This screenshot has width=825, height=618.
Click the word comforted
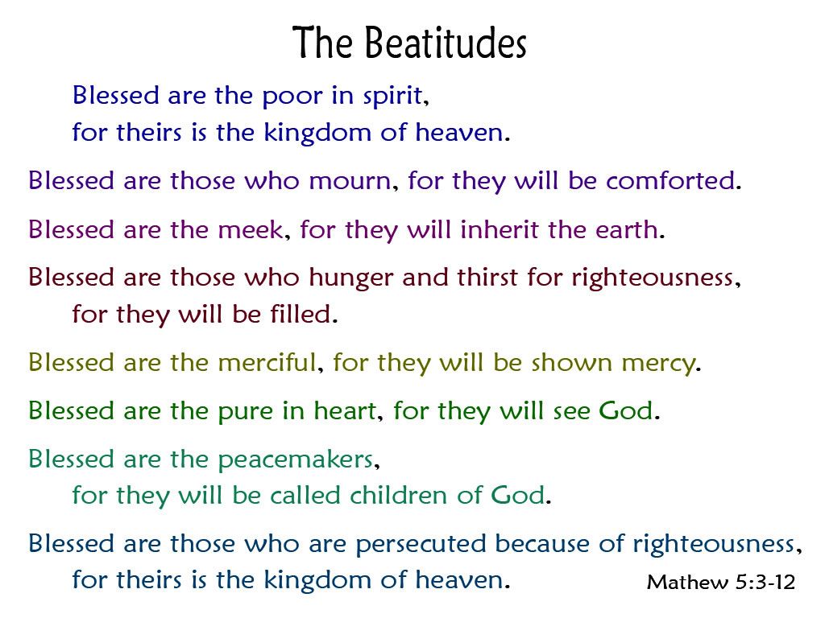click(670, 181)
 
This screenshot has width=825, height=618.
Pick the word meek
click(251, 229)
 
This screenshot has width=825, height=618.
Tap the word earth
click(627, 229)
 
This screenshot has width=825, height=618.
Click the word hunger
click(351, 278)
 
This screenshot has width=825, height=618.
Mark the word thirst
click(487, 277)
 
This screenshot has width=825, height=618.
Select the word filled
click(301, 314)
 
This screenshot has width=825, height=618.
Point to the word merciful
click(267, 362)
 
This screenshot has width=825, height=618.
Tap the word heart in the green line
click(346, 410)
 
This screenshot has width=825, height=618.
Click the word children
click(399, 495)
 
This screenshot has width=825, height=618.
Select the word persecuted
click(421, 545)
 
